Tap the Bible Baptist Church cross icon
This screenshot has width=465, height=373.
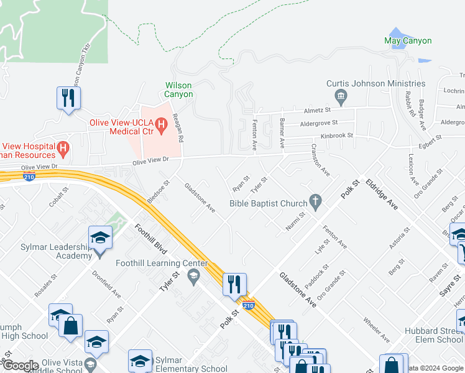[316, 202]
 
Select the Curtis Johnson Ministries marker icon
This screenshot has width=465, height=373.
[341, 96]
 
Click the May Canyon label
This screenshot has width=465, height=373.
[408, 41]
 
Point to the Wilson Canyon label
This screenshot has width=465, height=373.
[178, 90]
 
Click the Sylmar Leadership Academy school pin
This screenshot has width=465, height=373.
[100, 238]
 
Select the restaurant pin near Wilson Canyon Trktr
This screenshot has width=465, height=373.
[68, 98]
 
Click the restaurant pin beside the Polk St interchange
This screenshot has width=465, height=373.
[234, 284]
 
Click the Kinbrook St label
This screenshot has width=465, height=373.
[336, 135]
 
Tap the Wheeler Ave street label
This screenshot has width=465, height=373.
[375, 329]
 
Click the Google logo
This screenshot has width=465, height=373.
[20, 366]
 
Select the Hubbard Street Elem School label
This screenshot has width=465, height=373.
[433, 335]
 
